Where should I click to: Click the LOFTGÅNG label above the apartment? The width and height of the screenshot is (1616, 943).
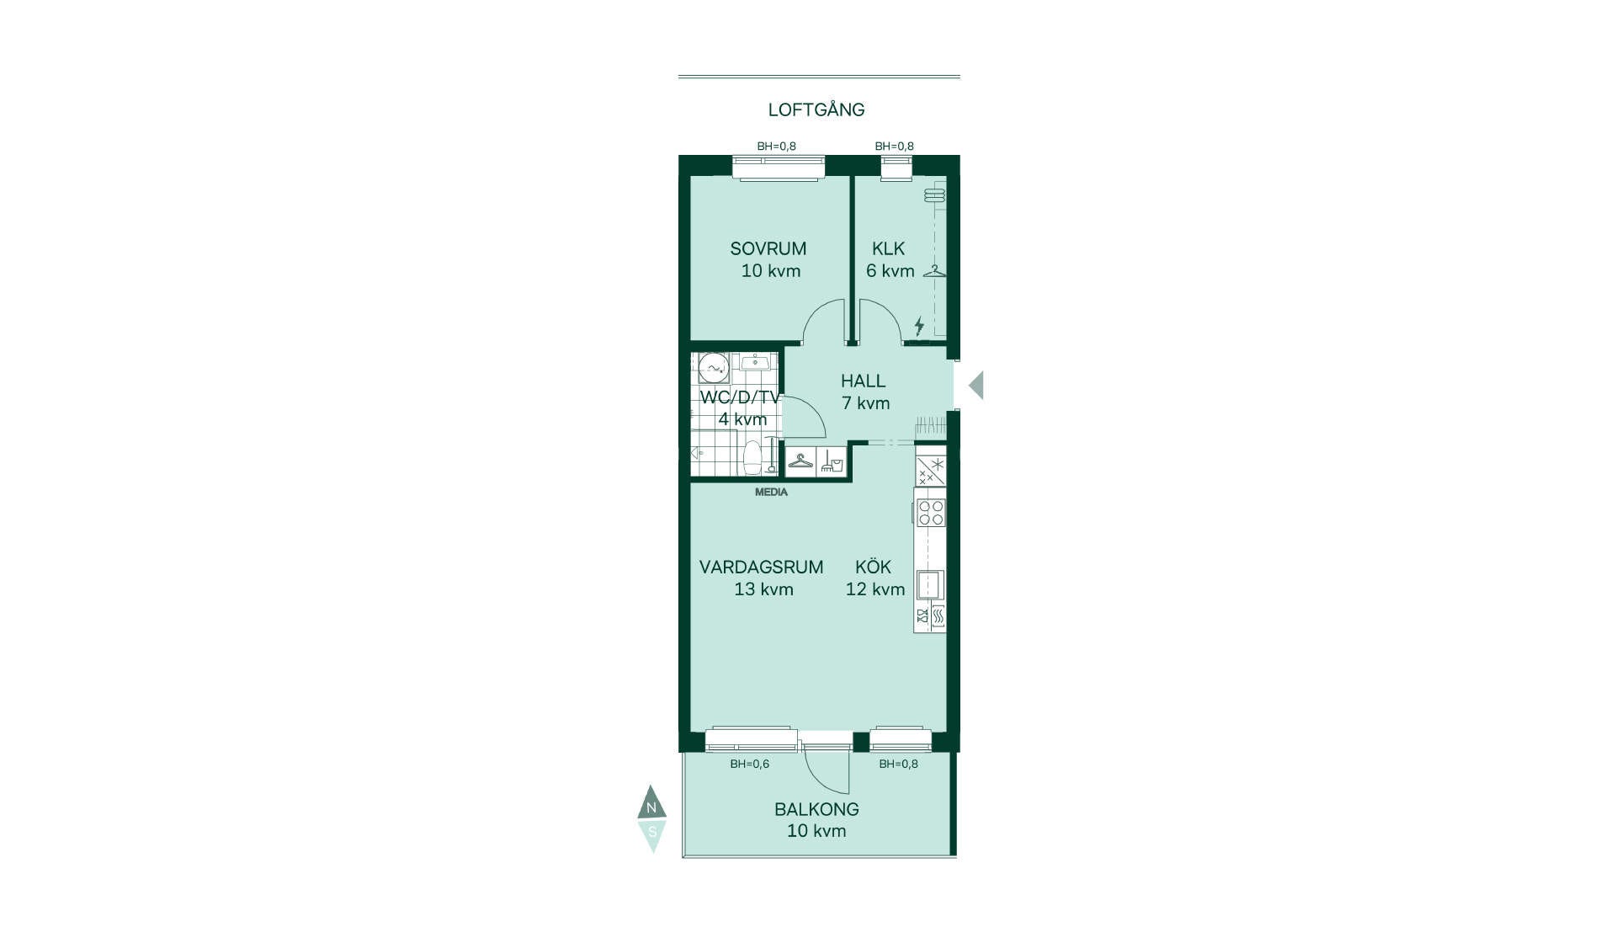pos(816,109)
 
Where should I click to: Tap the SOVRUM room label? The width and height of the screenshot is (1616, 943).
pos(768,248)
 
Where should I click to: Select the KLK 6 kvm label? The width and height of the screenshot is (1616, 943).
pos(890,259)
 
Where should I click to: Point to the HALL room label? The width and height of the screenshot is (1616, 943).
pos(864,381)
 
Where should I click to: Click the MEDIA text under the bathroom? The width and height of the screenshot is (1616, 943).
pos(771,492)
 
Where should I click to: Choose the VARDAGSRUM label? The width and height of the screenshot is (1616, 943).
pos(762,567)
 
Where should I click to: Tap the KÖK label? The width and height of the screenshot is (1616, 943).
pos(873,567)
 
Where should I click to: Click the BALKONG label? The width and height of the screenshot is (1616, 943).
pos(816,809)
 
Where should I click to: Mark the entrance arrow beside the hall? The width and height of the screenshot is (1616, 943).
pos(976,386)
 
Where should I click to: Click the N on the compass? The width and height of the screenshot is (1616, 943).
pos(651,807)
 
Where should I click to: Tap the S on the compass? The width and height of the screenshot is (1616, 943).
pos(652,832)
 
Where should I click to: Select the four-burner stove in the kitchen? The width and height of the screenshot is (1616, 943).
pos(931,513)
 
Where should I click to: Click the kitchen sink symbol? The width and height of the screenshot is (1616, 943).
pos(930,584)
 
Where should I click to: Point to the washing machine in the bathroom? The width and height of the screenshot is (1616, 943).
pos(714,369)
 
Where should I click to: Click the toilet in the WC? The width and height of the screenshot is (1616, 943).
pos(752,457)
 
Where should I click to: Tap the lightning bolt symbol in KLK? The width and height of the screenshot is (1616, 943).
pos(919,325)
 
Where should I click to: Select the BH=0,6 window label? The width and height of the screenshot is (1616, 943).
pos(749,764)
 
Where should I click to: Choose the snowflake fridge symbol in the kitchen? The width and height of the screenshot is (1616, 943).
pos(931,471)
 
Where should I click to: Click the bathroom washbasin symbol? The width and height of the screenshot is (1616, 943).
pos(756,362)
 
